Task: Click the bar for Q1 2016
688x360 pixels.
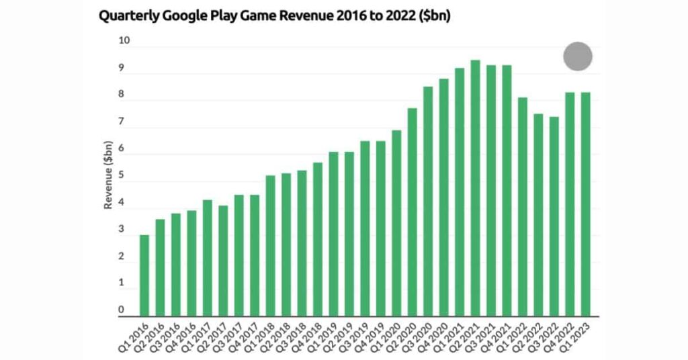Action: click(x=144, y=275)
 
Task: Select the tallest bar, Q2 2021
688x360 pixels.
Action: click(x=475, y=188)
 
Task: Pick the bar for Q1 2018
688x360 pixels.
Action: click(x=270, y=246)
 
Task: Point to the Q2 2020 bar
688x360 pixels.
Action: click(x=412, y=212)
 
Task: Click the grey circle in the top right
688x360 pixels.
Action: click(x=578, y=56)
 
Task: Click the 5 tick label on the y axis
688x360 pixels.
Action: click(x=122, y=176)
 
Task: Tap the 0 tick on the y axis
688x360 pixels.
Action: click(x=122, y=310)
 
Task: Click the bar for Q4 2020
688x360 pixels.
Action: click(x=443, y=197)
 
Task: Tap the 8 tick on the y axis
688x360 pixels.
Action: click(x=122, y=95)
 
